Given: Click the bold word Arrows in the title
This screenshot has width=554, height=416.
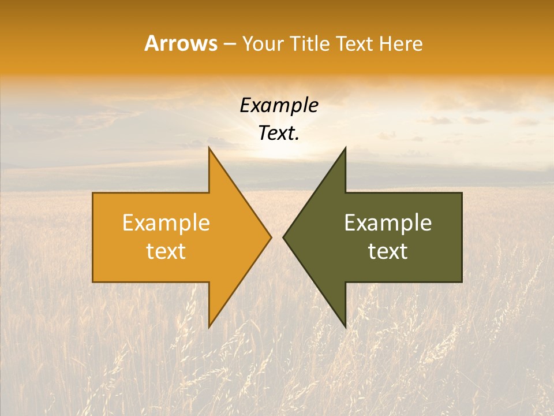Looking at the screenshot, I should click(x=181, y=43).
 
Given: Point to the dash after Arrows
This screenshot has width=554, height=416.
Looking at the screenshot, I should click(x=229, y=44).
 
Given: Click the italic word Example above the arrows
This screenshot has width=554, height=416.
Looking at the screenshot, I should click(x=279, y=106).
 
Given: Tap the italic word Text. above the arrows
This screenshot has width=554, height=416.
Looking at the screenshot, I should click(x=279, y=133).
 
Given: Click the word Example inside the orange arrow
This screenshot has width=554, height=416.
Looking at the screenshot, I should click(x=166, y=223).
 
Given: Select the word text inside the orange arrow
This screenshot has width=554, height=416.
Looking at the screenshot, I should click(x=166, y=251).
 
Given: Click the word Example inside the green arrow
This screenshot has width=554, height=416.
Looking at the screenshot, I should click(x=388, y=223).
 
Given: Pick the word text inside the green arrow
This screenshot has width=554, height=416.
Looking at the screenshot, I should click(x=388, y=251).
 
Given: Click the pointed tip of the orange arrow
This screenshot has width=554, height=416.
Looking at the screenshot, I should click(x=271, y=237).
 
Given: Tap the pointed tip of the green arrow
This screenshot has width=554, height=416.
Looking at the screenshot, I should click(x=283, y=237).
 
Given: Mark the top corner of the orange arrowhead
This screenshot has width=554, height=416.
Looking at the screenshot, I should click(x=209, y=148).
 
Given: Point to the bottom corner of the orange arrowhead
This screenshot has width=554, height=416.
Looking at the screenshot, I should click(x=209, y=327).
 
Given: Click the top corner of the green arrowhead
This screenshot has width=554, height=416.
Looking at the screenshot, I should click(x=345, y=148).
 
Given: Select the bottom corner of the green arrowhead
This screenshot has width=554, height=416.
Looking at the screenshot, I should click(x=345, y=327).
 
